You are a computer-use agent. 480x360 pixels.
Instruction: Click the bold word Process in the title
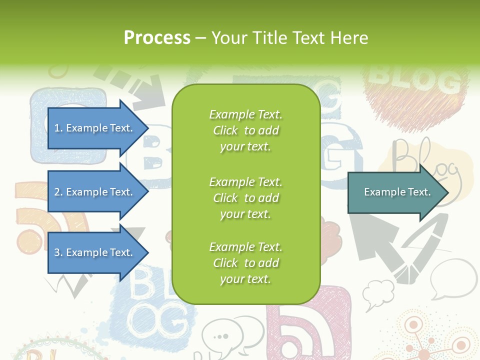click(157, 38)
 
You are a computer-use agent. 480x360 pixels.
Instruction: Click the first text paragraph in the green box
click(245, 130)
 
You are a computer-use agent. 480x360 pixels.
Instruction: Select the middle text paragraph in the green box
click(245, 198)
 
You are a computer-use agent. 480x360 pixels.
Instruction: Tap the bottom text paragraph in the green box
click(245, 263)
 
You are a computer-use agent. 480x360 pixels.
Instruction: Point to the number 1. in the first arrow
click(58, 128)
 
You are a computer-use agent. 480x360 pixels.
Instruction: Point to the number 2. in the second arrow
click(58, 192)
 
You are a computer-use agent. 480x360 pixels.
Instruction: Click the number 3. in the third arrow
click(58, 252)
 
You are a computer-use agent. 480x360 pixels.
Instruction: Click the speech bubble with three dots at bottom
click(220, 335)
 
